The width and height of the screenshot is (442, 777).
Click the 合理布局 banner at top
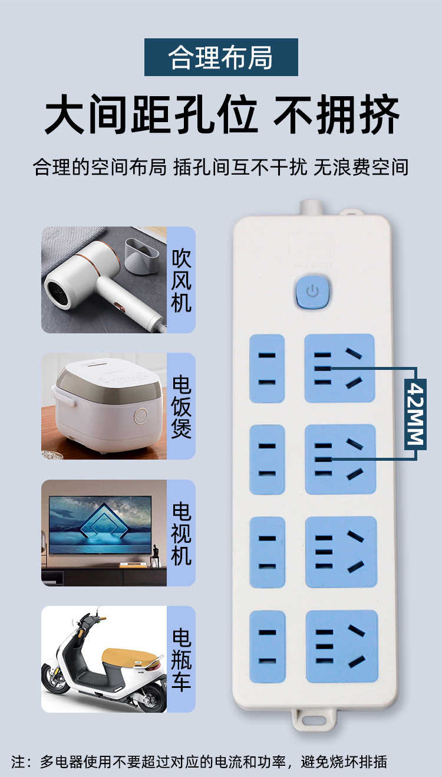[x=221, y=57]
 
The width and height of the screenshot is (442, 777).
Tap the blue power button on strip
[x=312, y=291]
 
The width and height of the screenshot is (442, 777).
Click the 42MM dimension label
[x=415, y=414]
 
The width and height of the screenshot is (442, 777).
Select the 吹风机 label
[x=181, y=280]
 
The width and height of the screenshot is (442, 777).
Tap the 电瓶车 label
[x=181, y=659]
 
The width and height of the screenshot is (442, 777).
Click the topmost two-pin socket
[x=267, y=369]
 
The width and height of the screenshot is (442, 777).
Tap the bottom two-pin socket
[x=267, y=647]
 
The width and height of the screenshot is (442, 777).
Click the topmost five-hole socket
[x=339, y=368]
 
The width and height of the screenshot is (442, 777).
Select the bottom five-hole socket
[x=341, y=646]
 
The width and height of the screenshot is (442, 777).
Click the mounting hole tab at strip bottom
[x=314, y=719]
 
